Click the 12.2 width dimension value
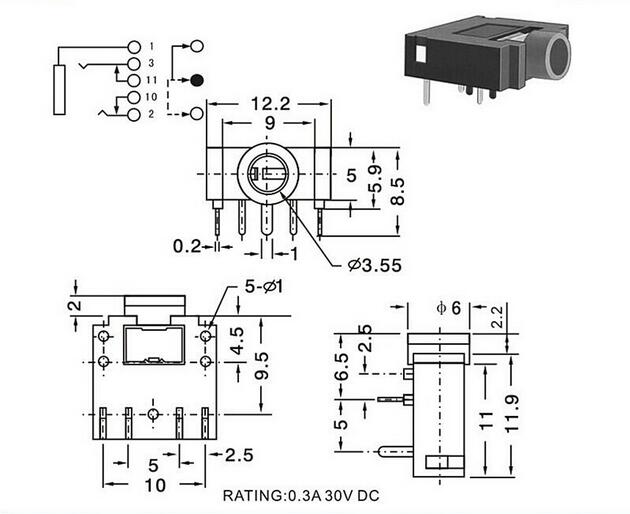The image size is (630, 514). coord(270,104)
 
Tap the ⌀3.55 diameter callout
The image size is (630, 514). coord(375,265)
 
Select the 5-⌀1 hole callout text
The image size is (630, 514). coord(264,287)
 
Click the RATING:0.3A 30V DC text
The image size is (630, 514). coord(301,496)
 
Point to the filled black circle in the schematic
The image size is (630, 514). coord(196,80)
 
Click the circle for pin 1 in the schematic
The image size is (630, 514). coord(134,47)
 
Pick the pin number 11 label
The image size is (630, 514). coord(151,80)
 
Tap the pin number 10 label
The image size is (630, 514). coord(151,97)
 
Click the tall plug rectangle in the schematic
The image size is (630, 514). coord(59,90)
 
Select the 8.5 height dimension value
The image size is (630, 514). coord(397,191)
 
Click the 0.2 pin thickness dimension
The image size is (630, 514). coord(186,246)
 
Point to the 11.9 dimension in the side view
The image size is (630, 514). coord(511,414)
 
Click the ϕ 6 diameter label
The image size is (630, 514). coord(449,308)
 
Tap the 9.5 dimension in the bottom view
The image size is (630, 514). coord(261,366)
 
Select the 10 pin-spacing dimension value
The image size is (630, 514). coord(155,485)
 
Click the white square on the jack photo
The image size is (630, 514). coord(420,53)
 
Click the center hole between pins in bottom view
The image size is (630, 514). coord(153,414)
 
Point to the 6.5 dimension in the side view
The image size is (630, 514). coord(342,366)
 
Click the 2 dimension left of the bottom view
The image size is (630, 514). coord(75,305)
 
